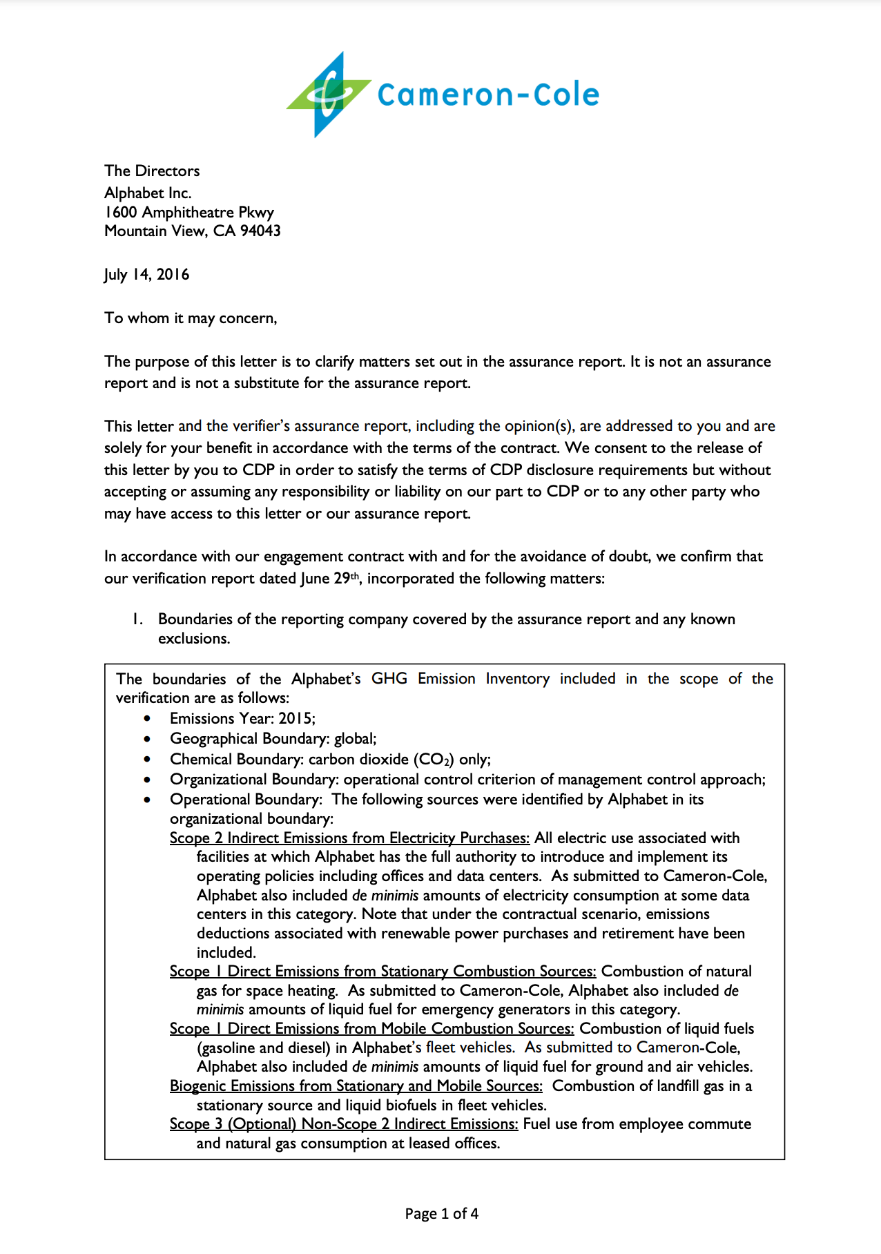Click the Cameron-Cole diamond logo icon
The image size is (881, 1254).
[x=328, y=95]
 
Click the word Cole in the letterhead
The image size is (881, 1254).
[x=566, y=95]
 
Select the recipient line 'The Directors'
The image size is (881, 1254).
[x=152, y=171]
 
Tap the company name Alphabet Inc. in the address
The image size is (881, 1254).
[x=148, y=193]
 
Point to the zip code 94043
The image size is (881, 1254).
[x=260, y=231]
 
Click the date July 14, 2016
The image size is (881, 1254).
[x=146, y=275]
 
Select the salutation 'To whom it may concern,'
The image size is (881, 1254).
[x=191, y=318]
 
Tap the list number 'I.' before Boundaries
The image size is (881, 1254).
[x=138, y=619]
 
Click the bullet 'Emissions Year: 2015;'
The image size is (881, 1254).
[x=242, y=719]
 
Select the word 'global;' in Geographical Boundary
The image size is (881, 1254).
[x=356, y=739]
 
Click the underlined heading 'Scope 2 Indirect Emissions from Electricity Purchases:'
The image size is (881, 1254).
[x=349, y=838]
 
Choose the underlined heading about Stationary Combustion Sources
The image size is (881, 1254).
[x=383, y=972]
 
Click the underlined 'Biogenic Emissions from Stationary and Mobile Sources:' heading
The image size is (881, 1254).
[x=356, y=1086]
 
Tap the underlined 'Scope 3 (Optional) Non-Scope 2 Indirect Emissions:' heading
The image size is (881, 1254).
[x=343, y=1124]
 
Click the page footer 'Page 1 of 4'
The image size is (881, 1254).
[x=441, y=1214]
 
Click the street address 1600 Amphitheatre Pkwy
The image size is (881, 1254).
[x=189, y=213]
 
